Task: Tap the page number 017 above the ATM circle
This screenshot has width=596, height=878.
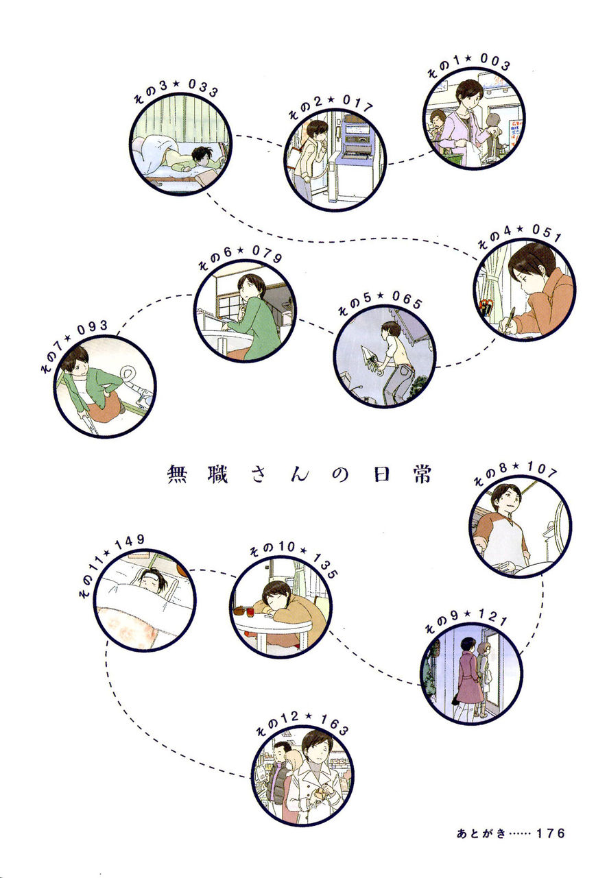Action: click(x=357, y=103)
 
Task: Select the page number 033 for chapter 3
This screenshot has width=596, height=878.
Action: click(x=202, y=88)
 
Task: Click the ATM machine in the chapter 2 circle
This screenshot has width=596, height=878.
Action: click(x=355, y=145)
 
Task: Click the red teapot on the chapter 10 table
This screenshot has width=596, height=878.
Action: click(x=240, y=611)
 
